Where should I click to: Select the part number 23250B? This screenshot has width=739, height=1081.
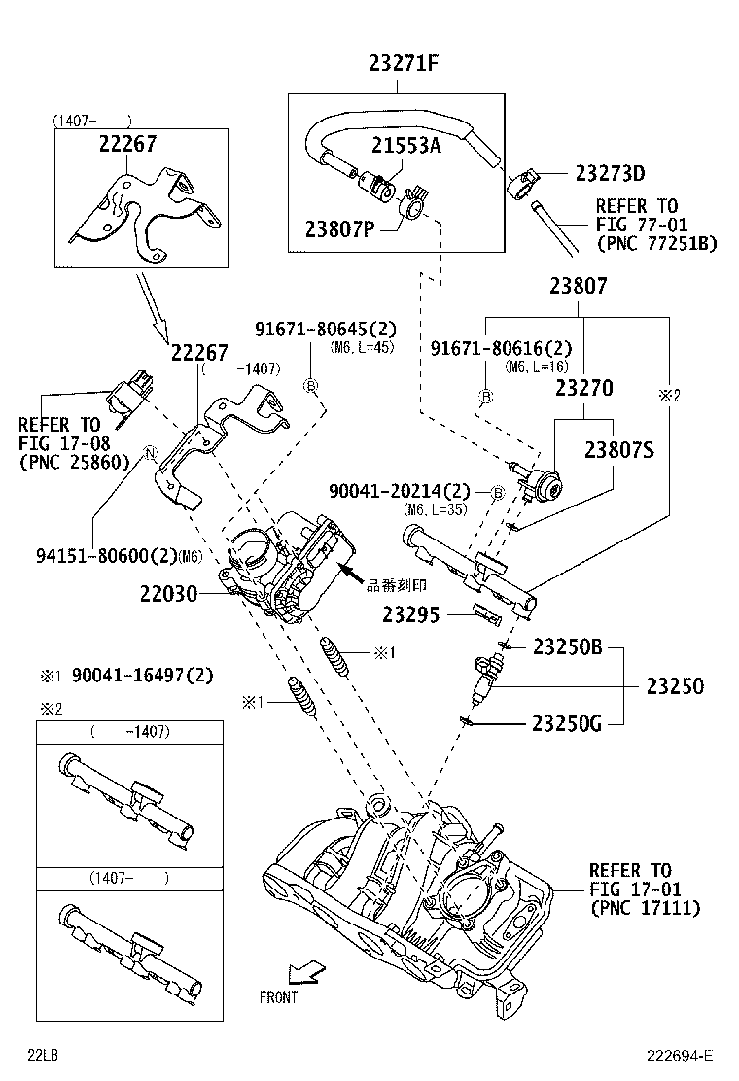(x=568, y=647)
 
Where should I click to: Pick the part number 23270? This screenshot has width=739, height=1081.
(x=583, y=388)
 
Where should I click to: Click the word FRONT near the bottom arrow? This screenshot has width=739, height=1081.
(x=278, y=997)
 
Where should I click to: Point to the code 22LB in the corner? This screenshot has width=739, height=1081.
(x=42, y=1056)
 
